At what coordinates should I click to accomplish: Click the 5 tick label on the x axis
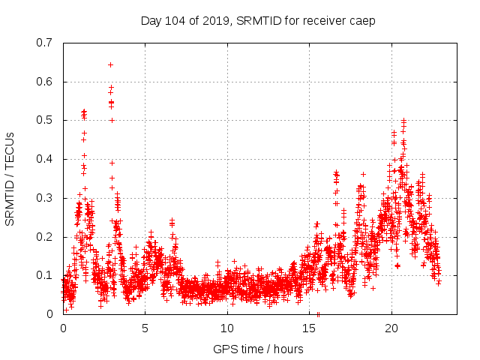[x=145, y=328]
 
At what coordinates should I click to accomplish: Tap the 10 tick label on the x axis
[x=227, y=328]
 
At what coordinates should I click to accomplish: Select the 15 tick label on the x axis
[x=310, y=328]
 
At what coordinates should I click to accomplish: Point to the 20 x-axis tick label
[x=391, y=328]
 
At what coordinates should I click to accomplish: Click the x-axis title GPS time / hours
[x=259, y=349]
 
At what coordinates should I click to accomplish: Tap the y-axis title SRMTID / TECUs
[x=10, y=178]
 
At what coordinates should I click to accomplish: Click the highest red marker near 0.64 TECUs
[x=110, y=65]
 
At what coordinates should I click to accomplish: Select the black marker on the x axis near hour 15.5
[x=318, y=313]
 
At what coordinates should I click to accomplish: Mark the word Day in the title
[x=151, y=21]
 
